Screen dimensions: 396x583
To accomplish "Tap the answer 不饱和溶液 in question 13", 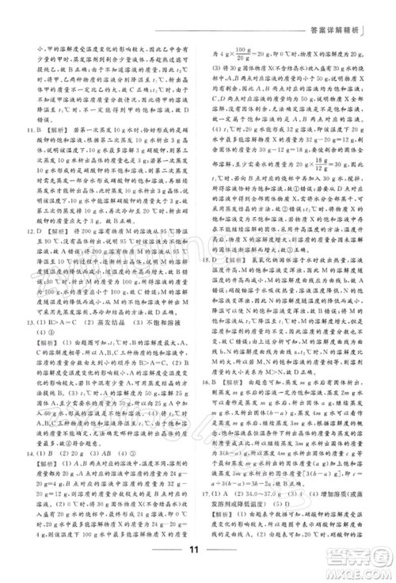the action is (166, 323).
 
